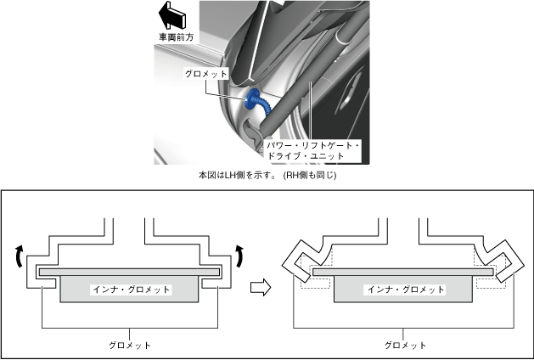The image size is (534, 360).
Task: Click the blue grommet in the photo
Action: point(254,102)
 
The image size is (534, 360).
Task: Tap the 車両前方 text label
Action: point(175,38)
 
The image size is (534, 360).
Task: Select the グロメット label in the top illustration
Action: point(206,75)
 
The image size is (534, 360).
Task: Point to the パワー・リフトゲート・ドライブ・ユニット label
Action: point(313,151)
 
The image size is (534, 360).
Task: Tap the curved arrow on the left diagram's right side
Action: point(240,253)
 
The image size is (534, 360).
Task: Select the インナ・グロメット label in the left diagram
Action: point(131,290)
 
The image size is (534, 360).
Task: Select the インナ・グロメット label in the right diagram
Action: point(404,290)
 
